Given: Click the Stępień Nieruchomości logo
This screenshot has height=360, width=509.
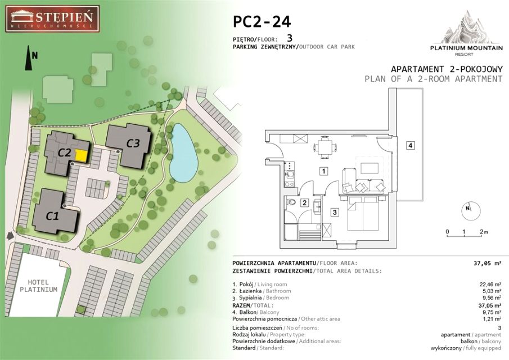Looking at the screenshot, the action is [52, 19].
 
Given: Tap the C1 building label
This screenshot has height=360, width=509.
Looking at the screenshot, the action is [52, 216].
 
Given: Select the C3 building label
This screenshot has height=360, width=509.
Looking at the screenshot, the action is [133, 143].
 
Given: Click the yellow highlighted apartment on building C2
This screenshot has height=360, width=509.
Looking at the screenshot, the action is [82, 156].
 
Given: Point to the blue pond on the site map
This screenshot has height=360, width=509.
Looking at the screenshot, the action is [184, 153].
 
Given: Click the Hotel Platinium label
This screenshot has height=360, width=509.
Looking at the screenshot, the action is [38, 286].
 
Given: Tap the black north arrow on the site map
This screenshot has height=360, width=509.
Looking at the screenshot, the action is [29, 58].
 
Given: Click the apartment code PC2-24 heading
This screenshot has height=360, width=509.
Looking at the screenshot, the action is [262, 22].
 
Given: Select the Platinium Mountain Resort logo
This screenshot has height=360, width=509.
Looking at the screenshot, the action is [466, 33].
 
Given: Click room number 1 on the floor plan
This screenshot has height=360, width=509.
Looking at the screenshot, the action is [323, 171].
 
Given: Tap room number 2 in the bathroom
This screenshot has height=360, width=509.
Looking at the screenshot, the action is [304, 203].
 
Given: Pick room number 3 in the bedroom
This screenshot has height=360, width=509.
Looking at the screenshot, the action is [334, 212].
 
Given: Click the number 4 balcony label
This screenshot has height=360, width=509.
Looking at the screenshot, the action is [411, 145].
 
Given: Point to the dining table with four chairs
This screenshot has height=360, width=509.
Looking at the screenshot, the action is [325, 147].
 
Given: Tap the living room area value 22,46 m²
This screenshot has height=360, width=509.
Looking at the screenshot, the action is [490, 285].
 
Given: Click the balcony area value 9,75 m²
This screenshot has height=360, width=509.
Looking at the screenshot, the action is [491, 312].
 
